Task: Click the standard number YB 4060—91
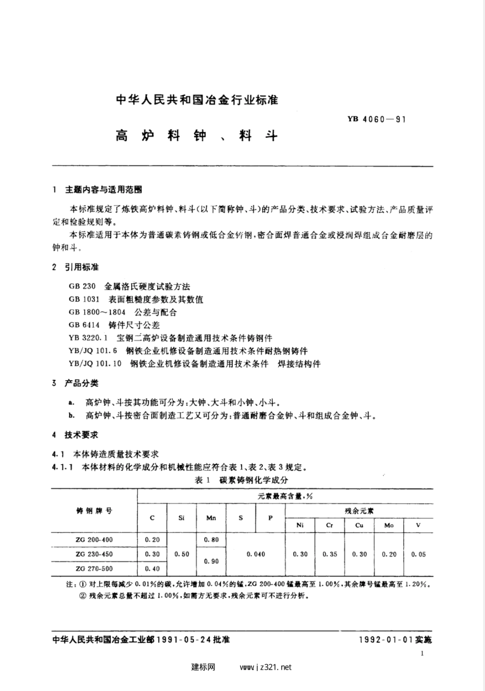tap(376, 120)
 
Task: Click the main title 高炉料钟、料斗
tap(196, 136)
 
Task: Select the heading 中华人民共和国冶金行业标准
tap(197, 100)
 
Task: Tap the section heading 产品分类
tap(81, 383)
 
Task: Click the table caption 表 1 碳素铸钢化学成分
tap(241, 480)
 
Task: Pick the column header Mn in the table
tap(211, 518)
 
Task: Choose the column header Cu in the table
tap(359, 525)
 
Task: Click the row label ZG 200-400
tap(94, 539)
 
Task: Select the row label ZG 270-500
tap(94, 569)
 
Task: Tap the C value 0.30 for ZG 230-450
tap(152, 554)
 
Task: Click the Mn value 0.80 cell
tap(211, 539)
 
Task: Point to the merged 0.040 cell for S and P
tap(255, 554)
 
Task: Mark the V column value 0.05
tap(418, 554)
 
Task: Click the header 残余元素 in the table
tap(359, 510)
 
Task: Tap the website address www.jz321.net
tap(265, 667)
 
